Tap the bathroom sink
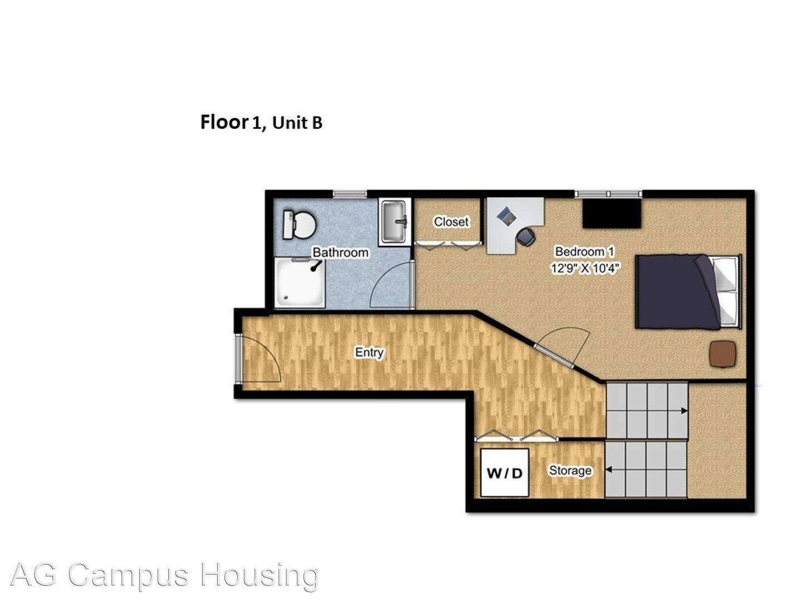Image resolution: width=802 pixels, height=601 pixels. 394,221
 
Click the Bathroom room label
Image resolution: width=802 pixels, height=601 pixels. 340,253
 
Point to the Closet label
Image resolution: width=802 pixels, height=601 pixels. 451,221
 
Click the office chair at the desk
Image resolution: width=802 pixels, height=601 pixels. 526,237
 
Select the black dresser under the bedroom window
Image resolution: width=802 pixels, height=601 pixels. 612,214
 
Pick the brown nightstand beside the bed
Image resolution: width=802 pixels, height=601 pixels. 723,354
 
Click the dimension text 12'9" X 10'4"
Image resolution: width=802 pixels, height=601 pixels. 585,268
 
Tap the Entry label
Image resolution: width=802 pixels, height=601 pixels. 369,352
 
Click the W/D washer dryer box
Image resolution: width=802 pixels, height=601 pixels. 505,473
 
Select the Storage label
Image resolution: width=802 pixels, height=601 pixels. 570,471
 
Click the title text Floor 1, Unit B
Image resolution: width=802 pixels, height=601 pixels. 261,122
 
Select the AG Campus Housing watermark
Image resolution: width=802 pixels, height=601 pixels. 164,575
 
